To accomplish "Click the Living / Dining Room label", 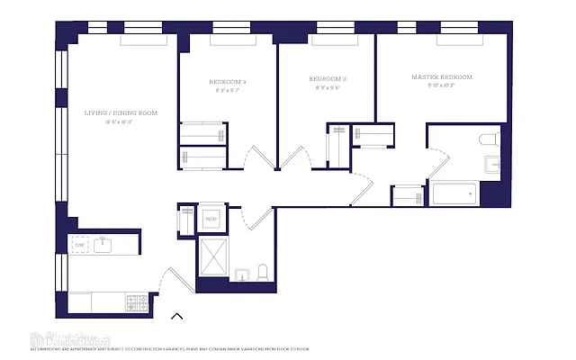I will [121, 112].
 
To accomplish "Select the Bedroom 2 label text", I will [328, 79].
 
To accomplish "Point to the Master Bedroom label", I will [441, 77].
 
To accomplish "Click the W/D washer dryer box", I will [211, 219].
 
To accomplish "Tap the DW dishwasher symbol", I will [79, 244].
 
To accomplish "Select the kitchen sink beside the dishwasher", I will [103, 244].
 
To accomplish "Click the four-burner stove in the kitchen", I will [136, 301].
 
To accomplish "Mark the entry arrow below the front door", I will [177, 316].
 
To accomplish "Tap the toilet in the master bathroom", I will [490, 139].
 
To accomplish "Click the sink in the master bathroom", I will [492, 164].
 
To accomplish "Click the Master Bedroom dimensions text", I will [441, 87].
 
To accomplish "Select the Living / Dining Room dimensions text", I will [121, 122].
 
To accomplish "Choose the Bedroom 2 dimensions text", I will [328, 88].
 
